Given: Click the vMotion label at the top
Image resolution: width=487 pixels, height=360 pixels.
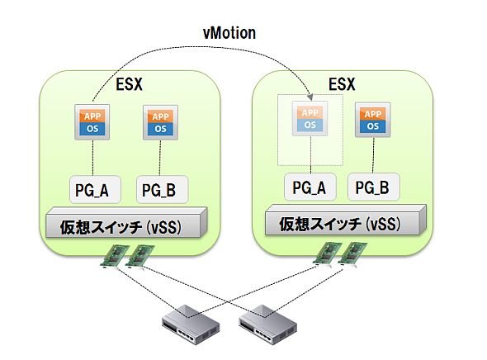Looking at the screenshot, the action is point(229,33).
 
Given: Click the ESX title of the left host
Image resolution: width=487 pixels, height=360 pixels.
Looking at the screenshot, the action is point(129,84).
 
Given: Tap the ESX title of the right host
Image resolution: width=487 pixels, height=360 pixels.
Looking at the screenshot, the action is point(342,84).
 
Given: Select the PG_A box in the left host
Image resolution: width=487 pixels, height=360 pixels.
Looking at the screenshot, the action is point(95,189).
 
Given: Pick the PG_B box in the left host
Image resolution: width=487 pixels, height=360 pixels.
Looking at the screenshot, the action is point(162,189).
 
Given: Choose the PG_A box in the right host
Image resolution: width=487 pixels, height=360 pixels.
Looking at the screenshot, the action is point(310,187).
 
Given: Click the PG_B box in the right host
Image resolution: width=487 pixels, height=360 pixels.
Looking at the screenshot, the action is point(374,187).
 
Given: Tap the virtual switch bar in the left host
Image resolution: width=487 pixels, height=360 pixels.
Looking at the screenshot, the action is point(126,223).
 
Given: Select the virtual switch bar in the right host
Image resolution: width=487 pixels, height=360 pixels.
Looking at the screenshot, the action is point(345,220).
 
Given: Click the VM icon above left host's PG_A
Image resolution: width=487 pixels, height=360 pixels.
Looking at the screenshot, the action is point(92,122).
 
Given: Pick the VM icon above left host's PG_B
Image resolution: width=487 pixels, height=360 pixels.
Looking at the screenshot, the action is point(160,122).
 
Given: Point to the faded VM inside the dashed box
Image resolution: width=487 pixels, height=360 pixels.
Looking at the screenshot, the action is point(310,119).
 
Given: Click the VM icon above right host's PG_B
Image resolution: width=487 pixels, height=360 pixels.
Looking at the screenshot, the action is point(373,120).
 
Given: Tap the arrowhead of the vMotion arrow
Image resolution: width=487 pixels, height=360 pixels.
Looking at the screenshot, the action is point(310,97).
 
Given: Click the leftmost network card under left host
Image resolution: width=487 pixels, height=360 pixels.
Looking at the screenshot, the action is point(115,256).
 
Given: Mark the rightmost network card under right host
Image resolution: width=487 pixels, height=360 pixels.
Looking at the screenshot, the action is point(352,253).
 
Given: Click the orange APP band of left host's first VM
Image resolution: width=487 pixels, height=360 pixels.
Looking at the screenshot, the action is point(92,116).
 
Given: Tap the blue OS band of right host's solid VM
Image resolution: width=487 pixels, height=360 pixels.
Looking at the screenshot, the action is point(373,126).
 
